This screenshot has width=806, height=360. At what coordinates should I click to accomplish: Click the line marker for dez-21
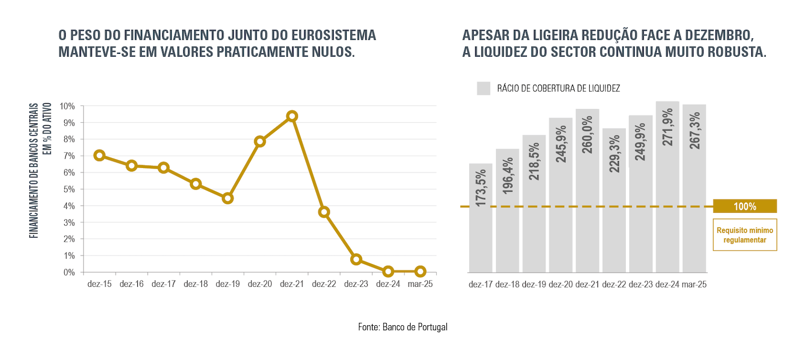tap(292, 116)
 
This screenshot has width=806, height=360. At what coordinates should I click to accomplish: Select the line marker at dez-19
tap(228, 198)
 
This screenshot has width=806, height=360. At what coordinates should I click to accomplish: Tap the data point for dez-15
tap(100, 155)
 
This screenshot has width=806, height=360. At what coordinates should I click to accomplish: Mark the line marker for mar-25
tap(420, 271)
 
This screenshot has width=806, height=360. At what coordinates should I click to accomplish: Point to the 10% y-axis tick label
tap(67, 106)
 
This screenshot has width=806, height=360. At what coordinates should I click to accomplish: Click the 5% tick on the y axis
tap(69, 189)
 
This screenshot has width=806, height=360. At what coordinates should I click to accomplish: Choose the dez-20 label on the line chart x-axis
tap(260, 284)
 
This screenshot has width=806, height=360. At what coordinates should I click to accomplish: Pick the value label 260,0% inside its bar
tap(588, 135)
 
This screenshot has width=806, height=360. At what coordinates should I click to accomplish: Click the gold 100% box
tap(744, 206)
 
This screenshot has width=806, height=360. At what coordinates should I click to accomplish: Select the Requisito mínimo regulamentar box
tap(744, 235)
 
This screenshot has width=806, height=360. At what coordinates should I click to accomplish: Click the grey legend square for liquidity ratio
tap(483, 89)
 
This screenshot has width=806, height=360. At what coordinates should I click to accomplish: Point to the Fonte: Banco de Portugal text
tap(403, 327)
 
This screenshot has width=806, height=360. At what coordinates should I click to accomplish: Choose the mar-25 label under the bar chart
tap(694, 284)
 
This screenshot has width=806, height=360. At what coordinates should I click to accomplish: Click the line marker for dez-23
tap(356, 260)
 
